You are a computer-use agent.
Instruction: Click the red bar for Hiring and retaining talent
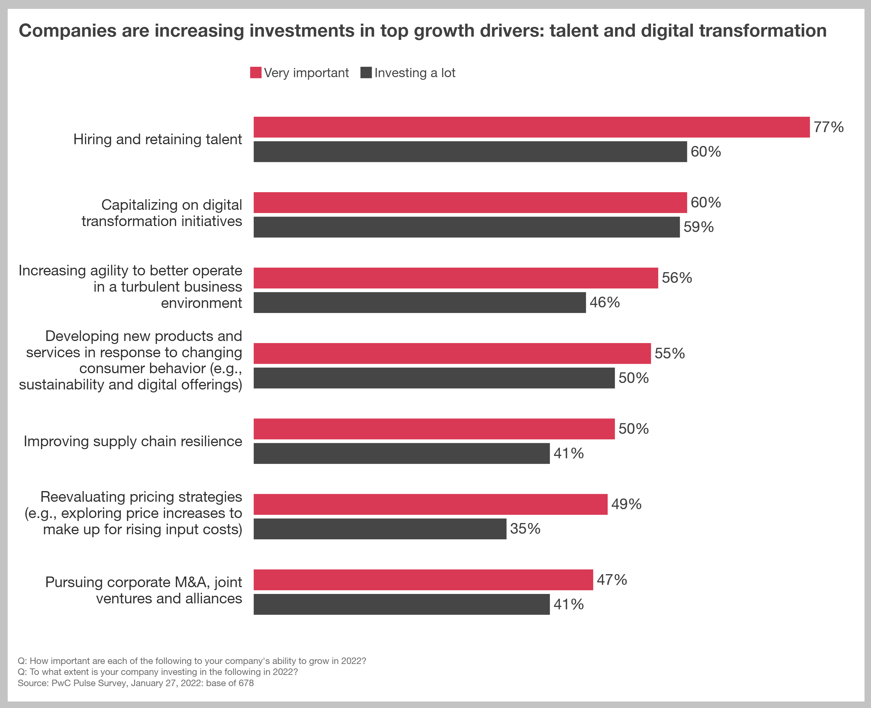click(x=531, y=127)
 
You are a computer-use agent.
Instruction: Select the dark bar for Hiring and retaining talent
click(x=470, y=152)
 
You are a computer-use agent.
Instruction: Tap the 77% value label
click(x=828, y=127)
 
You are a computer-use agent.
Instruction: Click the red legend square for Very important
click(x=256, y=73)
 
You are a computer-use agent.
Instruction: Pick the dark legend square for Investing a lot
click(x=366, y=73)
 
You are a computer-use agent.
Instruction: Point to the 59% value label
click(x=698, y=227)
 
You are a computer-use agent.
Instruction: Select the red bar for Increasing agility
click(x=456, y=278)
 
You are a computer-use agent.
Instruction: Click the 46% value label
click(x=604, y=303)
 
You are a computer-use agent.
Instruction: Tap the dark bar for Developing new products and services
click(x=434, y=378)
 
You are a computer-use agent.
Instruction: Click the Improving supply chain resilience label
click(x=133, y=441)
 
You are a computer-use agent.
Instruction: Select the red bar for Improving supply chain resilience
click(x=434, y=429)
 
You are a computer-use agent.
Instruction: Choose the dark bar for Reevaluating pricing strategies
click(x=380, y=529)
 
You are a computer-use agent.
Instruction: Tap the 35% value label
click(x=525, y=529)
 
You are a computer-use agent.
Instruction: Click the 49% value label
click(x=626, y=504)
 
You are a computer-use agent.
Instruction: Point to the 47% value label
click(x=612, y=580)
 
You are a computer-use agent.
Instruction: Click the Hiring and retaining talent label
click(x=157, y=139)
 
